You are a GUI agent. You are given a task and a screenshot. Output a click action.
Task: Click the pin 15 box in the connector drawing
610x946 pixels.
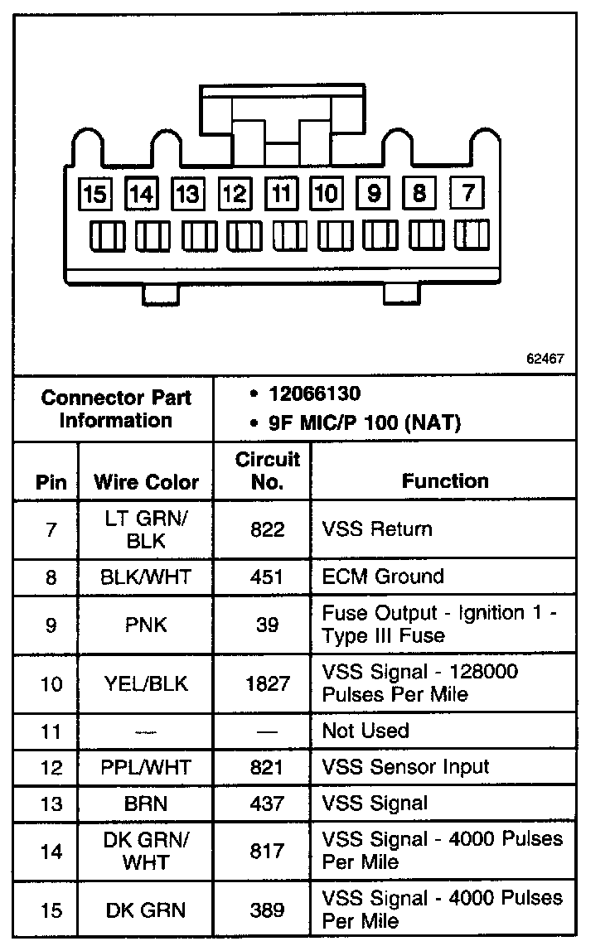tap(95, 194)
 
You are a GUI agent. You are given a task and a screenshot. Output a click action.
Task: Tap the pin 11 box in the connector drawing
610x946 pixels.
tap(282, 194)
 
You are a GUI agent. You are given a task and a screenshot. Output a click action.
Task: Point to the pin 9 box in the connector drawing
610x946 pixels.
tap(375, 194)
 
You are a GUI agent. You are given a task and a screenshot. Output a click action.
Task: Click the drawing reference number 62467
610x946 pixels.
tap(545, 359)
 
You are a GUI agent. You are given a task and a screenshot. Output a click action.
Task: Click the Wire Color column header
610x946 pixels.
tap(146, 481)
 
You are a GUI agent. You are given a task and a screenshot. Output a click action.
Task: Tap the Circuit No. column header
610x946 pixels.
tap(267, 471)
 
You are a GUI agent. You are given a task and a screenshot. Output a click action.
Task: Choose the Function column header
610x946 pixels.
tap(445, 480)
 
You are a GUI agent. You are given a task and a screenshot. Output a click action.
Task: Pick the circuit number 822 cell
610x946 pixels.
tap(267, 529)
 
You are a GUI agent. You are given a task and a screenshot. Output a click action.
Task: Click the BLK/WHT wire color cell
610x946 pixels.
tap(146, 577)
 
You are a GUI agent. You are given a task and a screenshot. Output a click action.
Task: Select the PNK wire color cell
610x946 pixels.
tap(146, 625)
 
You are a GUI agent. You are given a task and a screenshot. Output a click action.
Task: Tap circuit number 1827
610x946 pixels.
tap(267, 683)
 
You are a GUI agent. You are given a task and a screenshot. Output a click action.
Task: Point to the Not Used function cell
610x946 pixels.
tap(366, 731)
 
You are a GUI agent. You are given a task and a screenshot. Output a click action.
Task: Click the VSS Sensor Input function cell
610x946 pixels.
tap(405, 767)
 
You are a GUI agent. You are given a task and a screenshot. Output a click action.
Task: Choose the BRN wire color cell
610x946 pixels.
tap(146, 803)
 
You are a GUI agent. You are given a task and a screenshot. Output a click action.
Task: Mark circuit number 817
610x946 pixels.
tap(267, 851)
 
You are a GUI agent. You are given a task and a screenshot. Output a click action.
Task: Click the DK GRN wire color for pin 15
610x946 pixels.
tap(146, 910)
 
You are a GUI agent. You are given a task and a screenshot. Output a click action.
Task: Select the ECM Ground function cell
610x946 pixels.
tap(383, 577)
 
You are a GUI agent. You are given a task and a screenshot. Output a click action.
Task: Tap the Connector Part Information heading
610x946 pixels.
tap(116, 408)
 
